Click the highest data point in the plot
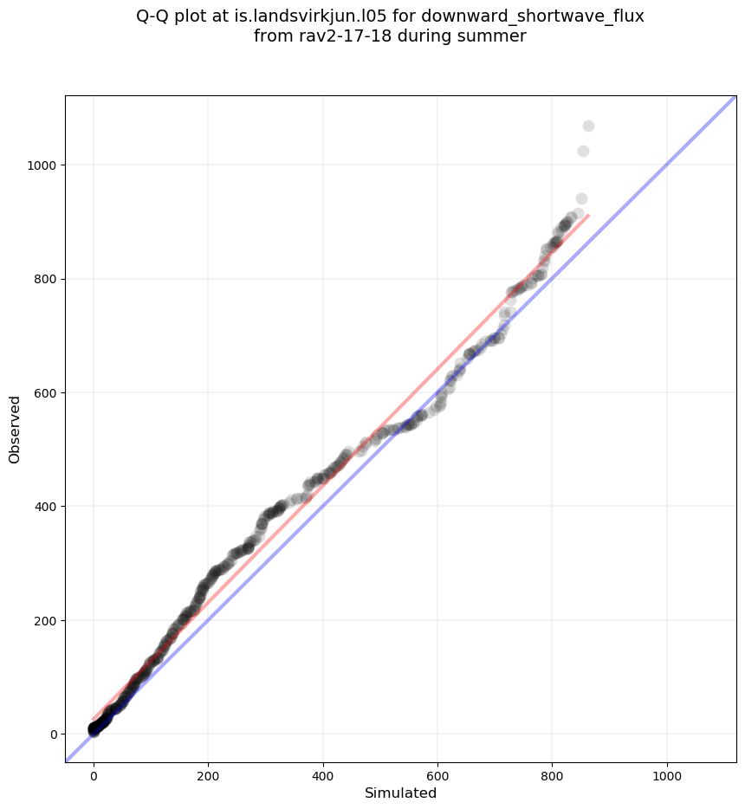point(588,126)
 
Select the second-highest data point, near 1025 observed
point(583,152)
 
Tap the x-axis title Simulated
point(400,793)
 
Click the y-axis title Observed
point(15,430)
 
